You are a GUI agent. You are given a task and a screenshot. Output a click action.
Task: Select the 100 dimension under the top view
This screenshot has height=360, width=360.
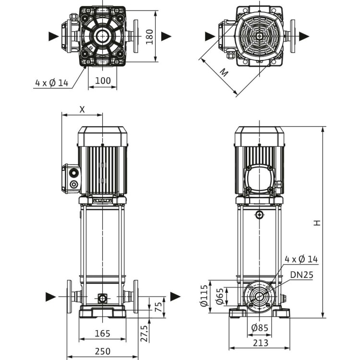click(x=103, y=80)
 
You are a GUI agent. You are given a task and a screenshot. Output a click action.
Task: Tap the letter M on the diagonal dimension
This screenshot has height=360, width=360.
click(x=224, y=72)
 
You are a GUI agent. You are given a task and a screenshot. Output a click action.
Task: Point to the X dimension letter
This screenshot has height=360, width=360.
click(x=82, y=109)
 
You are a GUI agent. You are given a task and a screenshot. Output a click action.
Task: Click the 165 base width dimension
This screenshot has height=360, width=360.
click(x=102, y=333)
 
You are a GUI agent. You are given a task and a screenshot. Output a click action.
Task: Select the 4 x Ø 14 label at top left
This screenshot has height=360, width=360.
click(x=51, y=83)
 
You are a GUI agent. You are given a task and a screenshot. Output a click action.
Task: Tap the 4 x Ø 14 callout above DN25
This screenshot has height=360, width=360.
click(x=301, y=259)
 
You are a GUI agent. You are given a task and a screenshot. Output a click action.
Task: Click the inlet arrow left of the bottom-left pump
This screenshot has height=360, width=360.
click(x=51, y=297)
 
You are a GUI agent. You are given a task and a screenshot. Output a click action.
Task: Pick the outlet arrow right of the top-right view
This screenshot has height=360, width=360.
click(x=304, y=36)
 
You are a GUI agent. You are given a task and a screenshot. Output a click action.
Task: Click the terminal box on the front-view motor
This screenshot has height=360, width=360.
click(x=72, y=179)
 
